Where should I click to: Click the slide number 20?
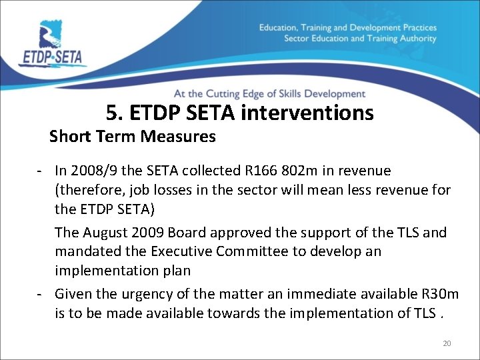point(447,343)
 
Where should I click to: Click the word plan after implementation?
point(176,271)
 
